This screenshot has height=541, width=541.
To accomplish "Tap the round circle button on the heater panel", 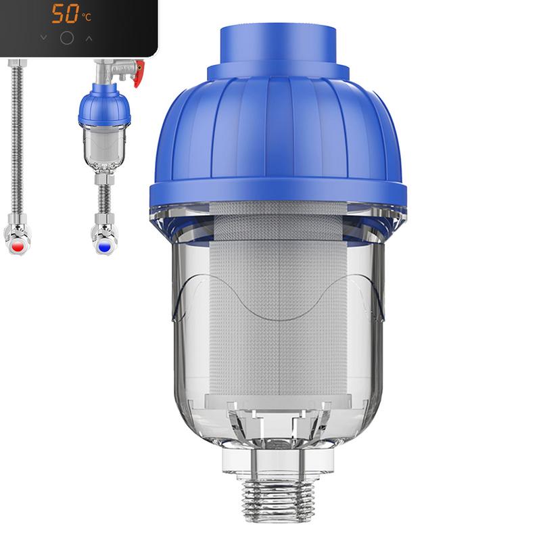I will point(66,38).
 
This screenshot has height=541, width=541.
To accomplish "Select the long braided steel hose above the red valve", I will point(17,135).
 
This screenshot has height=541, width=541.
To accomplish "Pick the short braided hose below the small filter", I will point(104,199).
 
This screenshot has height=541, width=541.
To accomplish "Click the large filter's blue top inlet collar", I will point(278,47).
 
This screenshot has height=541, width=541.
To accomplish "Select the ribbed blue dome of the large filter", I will point(278,128).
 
